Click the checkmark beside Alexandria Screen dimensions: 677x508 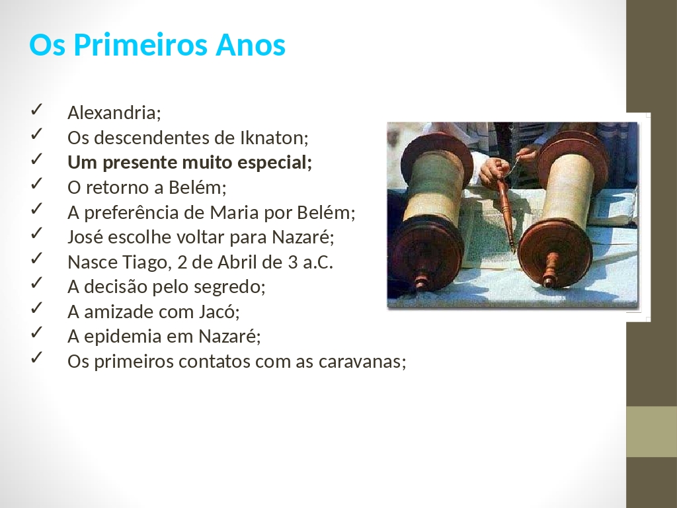point(36,109)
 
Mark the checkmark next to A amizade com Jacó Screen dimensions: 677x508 point(36,308)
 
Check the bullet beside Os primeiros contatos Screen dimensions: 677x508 point(36,358)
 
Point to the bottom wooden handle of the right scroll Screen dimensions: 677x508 point(550,270)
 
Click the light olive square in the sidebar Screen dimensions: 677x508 point(651,431)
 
